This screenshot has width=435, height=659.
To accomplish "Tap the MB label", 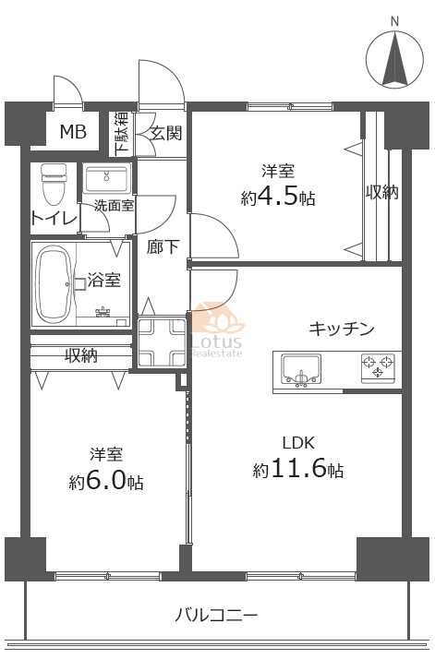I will [73, 132].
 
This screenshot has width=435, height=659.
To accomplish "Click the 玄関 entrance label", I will [166, 133].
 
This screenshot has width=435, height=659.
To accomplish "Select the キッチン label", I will [342, 329].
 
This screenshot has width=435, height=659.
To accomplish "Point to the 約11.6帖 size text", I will [298, 471].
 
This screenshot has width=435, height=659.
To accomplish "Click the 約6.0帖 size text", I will [106, 483].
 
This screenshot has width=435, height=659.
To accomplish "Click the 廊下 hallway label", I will [162, 246].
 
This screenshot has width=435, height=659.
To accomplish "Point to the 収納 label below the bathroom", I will [81, 355].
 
